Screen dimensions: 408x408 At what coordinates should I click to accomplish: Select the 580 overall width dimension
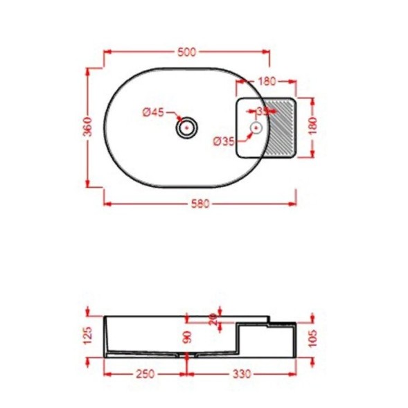coord(201,203)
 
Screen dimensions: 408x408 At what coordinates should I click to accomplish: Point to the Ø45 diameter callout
coord(153,112)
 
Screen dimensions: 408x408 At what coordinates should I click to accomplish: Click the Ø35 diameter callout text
coord(222,141)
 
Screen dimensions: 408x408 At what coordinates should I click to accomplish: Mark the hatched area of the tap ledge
coord(281,127)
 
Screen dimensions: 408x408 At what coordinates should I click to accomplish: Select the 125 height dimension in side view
coord(88,337)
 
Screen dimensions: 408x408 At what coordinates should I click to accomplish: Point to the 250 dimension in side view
coord(145,373)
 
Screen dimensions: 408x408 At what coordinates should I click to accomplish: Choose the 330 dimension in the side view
coord(240,373)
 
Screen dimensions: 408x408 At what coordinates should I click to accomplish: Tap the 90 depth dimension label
coord(187,338)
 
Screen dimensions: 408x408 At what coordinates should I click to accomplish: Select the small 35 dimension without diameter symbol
coord(262,111)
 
